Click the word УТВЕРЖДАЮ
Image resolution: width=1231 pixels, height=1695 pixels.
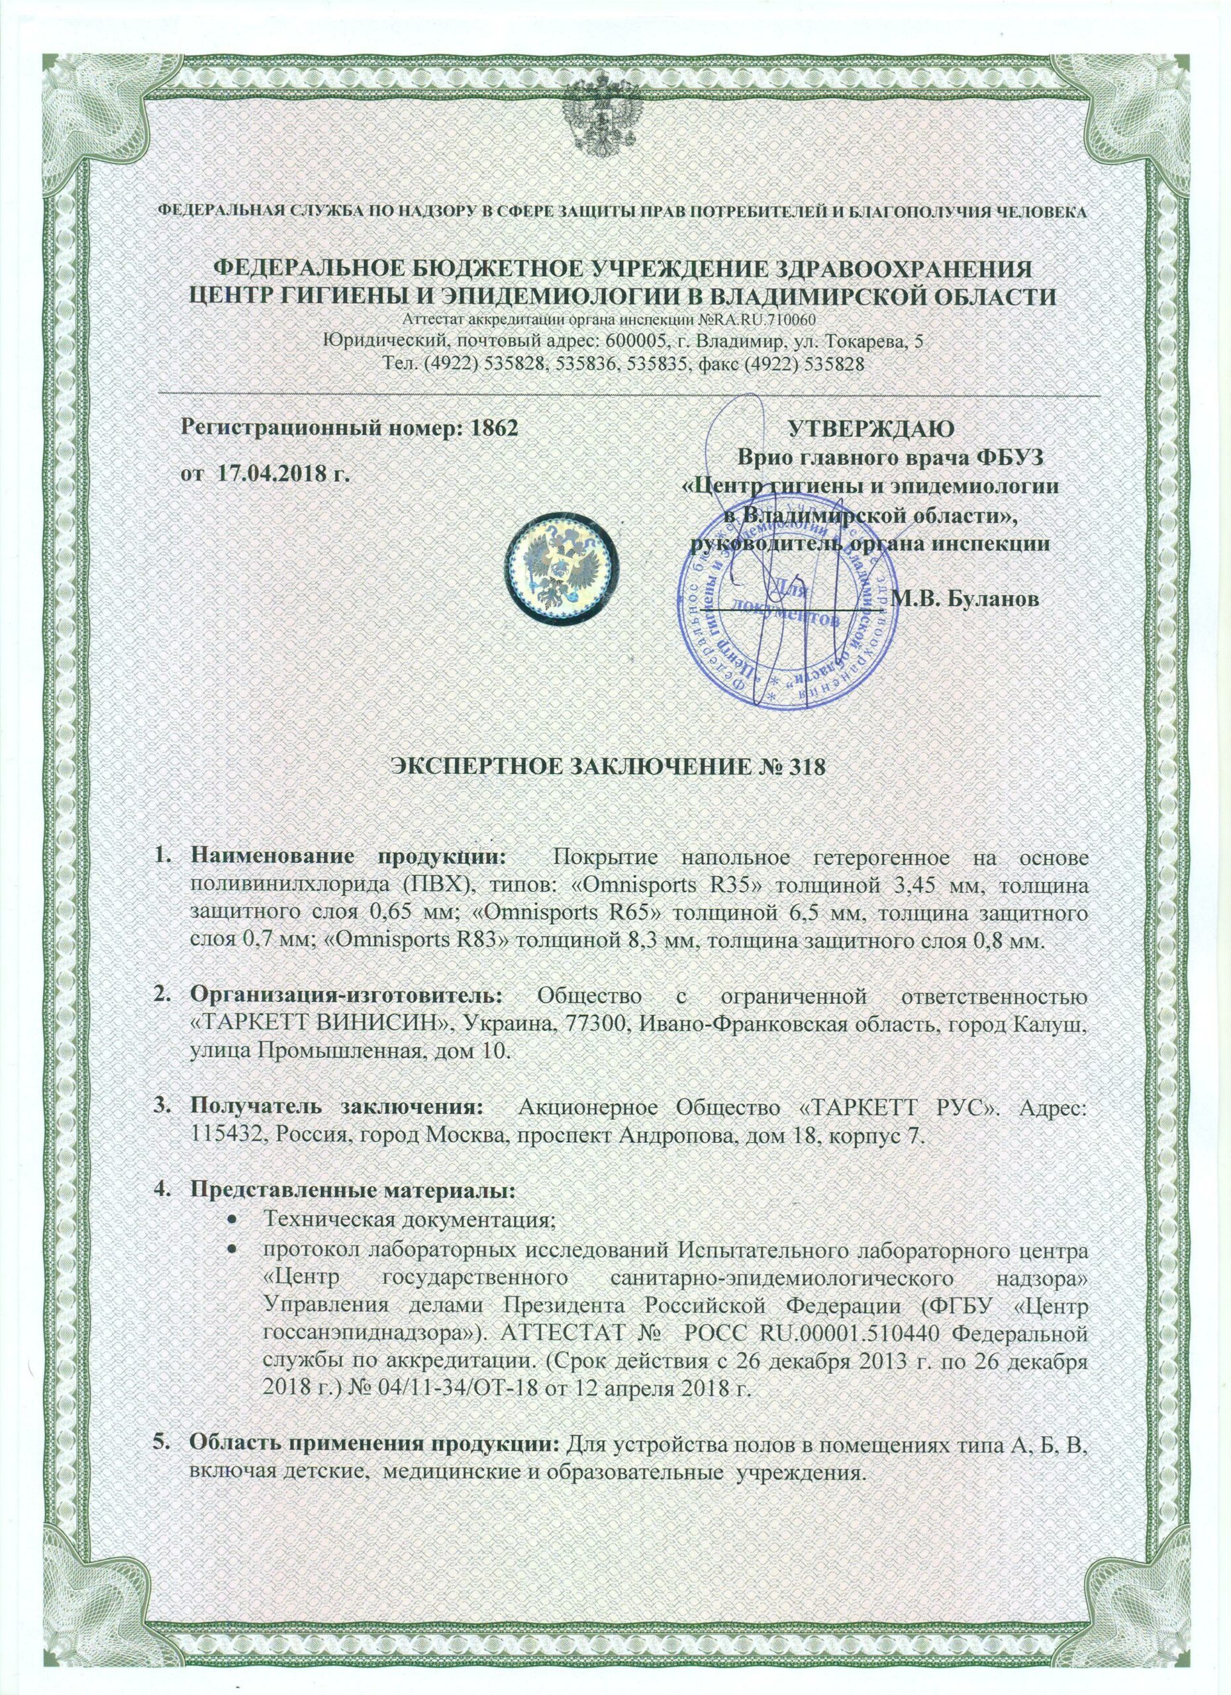tap(871, 429)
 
